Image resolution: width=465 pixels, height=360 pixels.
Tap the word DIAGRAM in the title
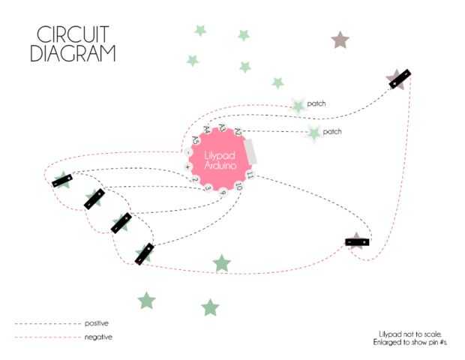tap(73, 53)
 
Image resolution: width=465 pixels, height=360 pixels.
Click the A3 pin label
tap(222, 127)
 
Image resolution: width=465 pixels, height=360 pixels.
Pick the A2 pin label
tap(238, 131)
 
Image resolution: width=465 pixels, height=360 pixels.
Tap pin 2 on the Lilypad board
tap(193, 180)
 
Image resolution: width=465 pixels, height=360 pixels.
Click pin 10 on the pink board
tap(238, 185)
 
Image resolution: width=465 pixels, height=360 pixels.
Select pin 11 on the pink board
tap(250, 175)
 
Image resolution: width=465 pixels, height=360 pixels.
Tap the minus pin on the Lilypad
tap(188, 152)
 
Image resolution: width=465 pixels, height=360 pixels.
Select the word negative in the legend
tap(97, 337)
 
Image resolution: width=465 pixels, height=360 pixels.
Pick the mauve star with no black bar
tap(340, 40)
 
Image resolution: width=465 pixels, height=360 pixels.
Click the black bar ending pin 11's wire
tap(357, 241)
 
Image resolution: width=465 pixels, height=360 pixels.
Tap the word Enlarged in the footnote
tap(390, 342)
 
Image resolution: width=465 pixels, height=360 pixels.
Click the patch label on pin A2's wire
tap(331, 132)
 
